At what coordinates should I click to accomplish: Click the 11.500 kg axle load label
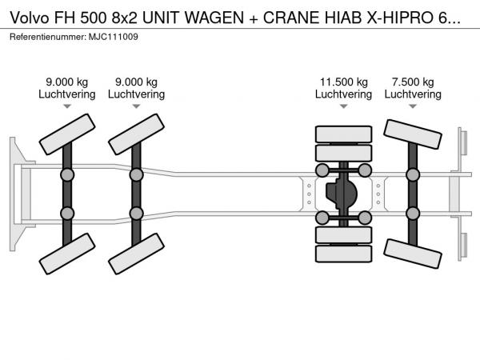(x=343, y=82)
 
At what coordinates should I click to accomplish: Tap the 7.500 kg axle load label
(x=413, y=82)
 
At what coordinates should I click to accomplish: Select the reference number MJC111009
(x=114, y=37)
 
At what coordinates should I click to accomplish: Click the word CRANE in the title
(x=292, y=18)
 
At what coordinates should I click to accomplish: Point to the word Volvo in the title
(x=30, y=18)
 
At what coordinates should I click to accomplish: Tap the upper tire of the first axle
(x=67, y=134)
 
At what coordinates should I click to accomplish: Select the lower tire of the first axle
(x=67, y=254)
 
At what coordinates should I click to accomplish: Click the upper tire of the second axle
(x=136, y=134)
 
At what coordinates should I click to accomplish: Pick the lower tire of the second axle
(x=136, y=254)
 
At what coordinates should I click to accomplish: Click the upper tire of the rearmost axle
(x=413, y=134)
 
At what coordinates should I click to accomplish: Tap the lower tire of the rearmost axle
(x=413, y=254)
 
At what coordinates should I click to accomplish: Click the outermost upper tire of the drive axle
(x=343, y=134)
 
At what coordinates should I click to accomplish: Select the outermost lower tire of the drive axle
(x=343, y=254)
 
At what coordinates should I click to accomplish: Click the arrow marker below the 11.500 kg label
(x=343, y=106)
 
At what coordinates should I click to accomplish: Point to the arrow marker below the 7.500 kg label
(x=413, y=106)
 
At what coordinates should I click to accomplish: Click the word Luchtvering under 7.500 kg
(x=413, y=94)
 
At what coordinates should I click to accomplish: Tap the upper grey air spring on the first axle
(x=67, y=175)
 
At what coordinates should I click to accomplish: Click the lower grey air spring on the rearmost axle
(x=413, y=214)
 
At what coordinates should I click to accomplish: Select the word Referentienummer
(x=48, y=37)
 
